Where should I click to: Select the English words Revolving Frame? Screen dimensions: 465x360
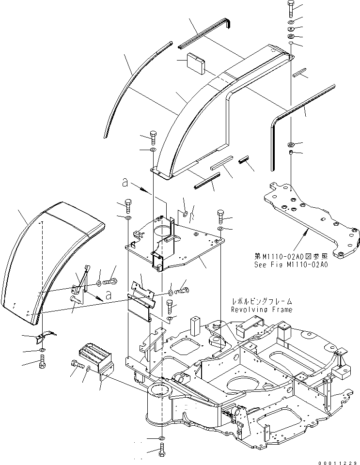pos(262,310)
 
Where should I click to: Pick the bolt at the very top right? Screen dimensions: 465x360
pos(290,8)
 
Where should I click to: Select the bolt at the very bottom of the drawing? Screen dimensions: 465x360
pos(161,450)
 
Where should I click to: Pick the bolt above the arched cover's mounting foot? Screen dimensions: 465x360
pos(154,137)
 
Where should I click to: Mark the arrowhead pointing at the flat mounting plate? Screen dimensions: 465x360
pos(304,233)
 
